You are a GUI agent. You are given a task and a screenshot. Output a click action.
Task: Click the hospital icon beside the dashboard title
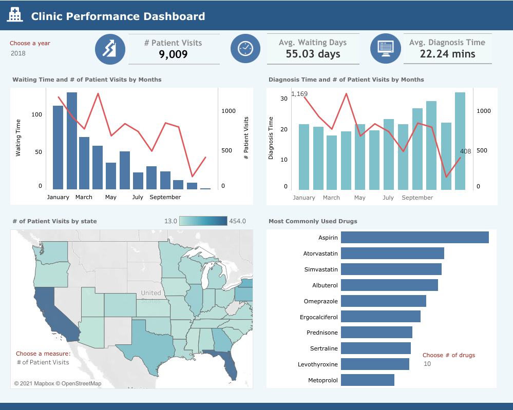pyautogui.click(x=15, y=15)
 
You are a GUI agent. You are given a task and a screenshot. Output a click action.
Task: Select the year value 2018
pyautogui.click(x=18, y=53)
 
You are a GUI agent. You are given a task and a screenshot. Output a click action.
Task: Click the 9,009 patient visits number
pyautogui.click(x=173, y=54)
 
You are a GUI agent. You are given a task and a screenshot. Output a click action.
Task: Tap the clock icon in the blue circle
pyautogui.click(x=246, y=48)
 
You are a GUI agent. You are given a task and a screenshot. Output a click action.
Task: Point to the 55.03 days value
pyautogui.click(x=313, y=54)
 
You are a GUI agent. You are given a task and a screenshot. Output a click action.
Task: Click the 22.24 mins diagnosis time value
pyautogui.click(x=447, y=54)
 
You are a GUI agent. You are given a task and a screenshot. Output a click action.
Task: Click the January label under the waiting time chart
pyautogui.click(x=58, y=197)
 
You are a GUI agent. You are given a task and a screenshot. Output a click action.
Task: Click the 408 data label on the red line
pyautogui.click(x=465, y=151)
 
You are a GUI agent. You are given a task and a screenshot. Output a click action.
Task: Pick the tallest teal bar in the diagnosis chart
pyautogui.click(x=460, y=141)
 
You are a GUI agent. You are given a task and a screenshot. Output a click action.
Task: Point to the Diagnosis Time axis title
pyautogui.click(x=271, y=138)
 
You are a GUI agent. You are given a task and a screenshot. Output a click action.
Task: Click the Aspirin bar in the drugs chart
pyautogui.click(x=414, y=237)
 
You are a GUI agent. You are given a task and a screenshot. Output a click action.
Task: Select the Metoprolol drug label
pyautogui.click(x=323, y=380)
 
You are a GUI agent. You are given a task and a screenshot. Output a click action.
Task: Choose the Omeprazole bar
pyautogui.click(x=383, y=301)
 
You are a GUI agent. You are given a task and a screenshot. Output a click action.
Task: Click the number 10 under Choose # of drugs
pyautogui.click(x=427, y=364)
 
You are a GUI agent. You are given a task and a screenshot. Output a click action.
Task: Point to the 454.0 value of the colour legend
pyautogui.click(x=237, y=221)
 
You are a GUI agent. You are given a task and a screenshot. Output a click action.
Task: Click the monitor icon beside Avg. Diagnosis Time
pyautogui.click(x=385, y=48)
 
